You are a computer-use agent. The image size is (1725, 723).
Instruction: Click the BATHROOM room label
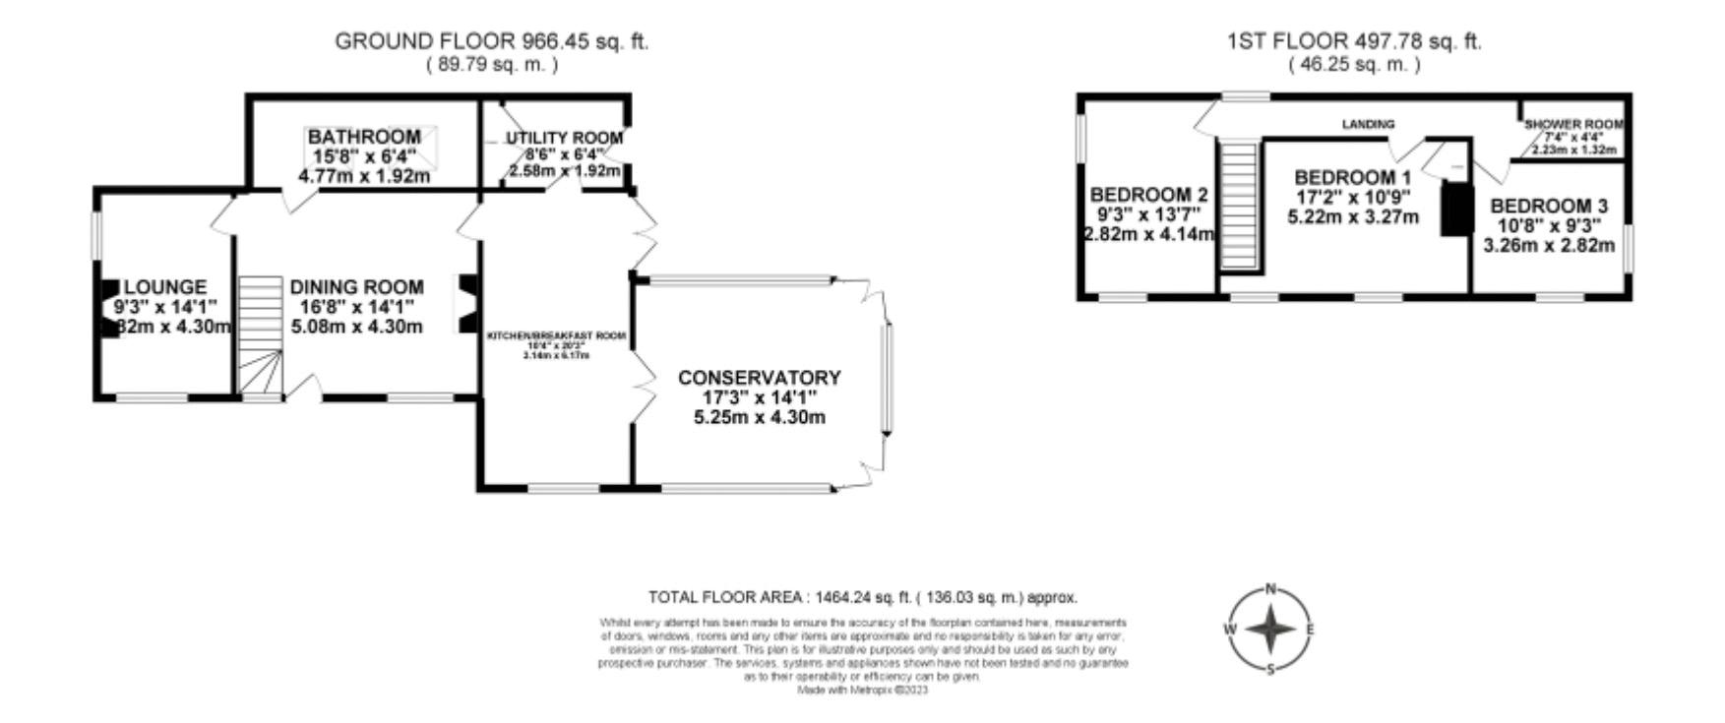click(364, 137)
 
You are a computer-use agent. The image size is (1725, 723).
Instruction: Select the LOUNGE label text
click(165, 287)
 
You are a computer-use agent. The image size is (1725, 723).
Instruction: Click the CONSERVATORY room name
click(759, 378)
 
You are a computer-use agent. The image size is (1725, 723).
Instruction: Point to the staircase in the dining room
click(260, 334)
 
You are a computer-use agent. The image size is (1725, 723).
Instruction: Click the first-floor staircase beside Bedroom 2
click(1240, 205)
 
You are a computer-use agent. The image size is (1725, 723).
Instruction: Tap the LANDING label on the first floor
click(1368, 124)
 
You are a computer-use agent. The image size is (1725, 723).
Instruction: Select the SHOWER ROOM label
click(1573, 125)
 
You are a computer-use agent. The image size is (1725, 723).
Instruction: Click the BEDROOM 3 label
click(1548, 207)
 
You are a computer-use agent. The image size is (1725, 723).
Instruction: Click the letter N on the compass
click(1270, 589)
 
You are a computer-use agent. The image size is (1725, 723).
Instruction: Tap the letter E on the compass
click(1310, 630)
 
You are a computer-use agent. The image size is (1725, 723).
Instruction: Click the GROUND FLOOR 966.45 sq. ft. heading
click(491, 41)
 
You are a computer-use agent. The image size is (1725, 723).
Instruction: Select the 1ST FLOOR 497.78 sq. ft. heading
click(1354, 41)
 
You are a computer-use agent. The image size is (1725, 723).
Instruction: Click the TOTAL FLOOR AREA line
click(862, 597)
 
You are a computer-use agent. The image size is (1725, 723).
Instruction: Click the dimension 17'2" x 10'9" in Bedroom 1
click(1352, 197)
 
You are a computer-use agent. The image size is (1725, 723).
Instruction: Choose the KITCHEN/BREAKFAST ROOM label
click(556, 336)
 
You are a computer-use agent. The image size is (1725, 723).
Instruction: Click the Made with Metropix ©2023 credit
click(862, 690)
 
